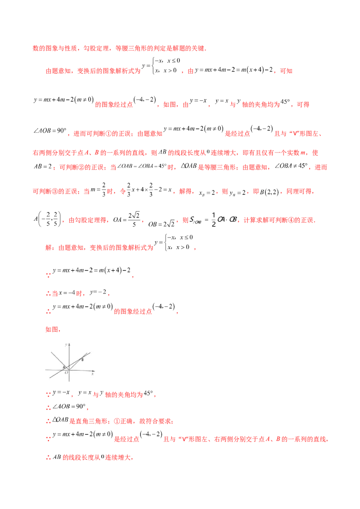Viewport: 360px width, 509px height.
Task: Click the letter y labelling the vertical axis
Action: click(66, 345)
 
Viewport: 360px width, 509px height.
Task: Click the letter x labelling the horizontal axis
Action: click(92, 374)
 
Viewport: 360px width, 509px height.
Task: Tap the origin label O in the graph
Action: click(66, 373)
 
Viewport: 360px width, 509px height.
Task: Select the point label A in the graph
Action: click(64, 367)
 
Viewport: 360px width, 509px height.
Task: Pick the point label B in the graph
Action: click(82, 360)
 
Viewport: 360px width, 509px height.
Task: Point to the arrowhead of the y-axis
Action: click(69, 344)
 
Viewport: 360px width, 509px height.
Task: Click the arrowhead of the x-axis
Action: click(94, 371)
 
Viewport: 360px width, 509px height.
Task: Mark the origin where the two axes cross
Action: click(69, 370)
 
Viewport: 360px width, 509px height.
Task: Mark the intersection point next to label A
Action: click(66, 367)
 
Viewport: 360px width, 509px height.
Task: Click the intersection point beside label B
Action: click(81, 358)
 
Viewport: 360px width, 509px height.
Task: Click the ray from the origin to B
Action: click(75, 364)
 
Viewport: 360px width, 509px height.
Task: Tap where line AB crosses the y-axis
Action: click(69, 365)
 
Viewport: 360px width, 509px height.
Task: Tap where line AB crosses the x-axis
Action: click(62, 370)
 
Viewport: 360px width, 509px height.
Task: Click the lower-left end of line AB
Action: click(50, 378)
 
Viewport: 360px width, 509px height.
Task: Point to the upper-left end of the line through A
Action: click(51, 352)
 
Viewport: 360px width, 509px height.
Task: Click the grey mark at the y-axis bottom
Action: click(70, 383)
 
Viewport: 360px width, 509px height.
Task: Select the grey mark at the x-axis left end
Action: click(44, 368)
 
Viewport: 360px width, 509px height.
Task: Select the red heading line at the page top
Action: click(119, 48)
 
